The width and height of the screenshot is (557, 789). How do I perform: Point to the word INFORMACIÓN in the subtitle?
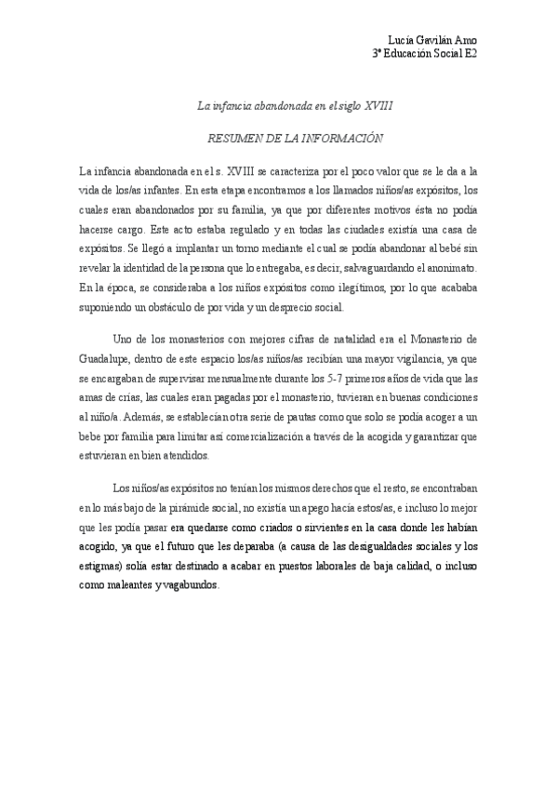pyautogui.click(x=339, y=137)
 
